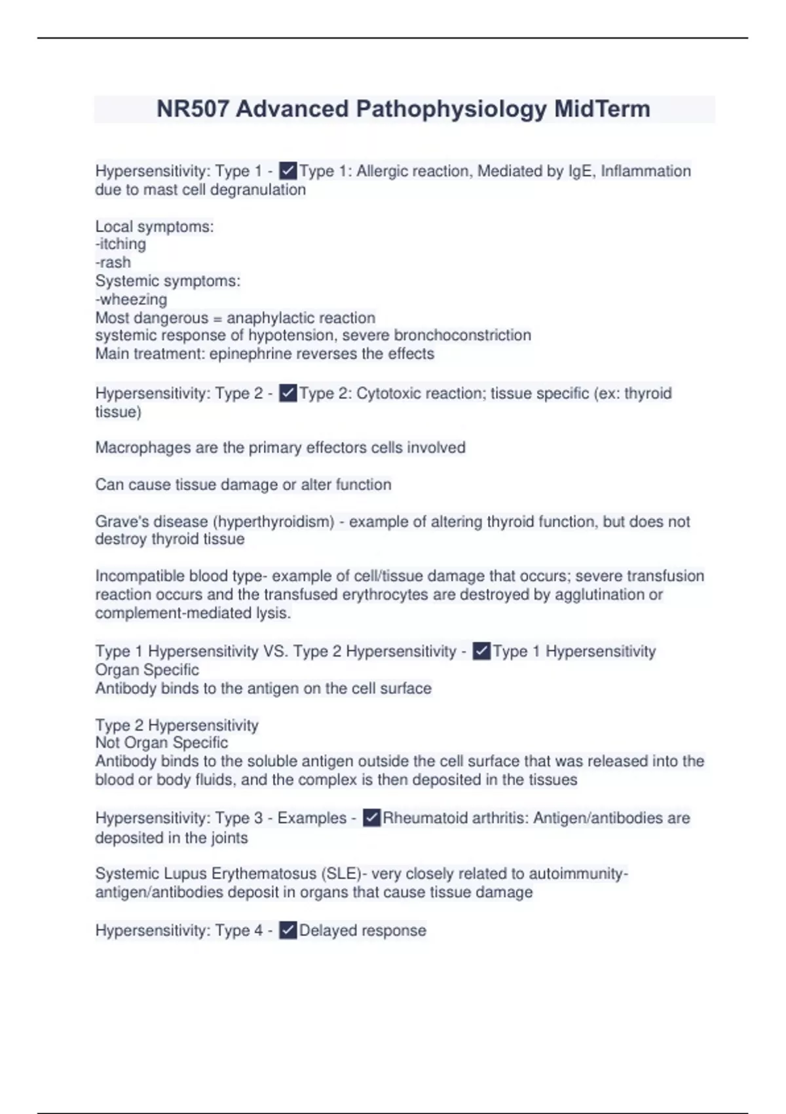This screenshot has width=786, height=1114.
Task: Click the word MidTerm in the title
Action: pos(602,109)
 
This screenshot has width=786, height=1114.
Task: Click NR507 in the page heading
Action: pos(193,109)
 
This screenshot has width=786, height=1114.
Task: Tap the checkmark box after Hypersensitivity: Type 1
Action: pos(288,171)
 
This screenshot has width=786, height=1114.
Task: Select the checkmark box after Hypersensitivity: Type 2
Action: pos(288,393)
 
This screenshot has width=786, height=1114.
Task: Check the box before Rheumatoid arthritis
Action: pos(371,818)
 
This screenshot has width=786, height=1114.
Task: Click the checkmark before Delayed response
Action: pos(288,931)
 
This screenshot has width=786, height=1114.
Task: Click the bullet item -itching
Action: pos(121,244)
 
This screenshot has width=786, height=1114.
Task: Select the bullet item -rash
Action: pos(113,263)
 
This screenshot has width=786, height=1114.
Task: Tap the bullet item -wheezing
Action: pos(131,299)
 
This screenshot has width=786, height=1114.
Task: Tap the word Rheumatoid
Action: pos(422,818)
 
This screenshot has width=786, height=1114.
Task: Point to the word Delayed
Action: pos(327,931)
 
